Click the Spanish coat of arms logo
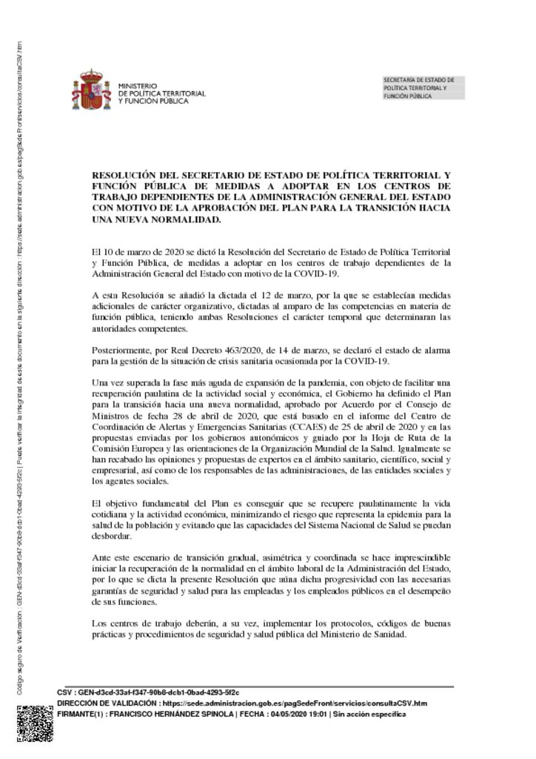(92, 90)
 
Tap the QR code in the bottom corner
(33, 724)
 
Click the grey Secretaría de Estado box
(423, 87)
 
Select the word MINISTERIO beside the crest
(138, 86)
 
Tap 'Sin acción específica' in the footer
(369, 713)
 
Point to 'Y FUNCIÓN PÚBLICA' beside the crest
(153, 102)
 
